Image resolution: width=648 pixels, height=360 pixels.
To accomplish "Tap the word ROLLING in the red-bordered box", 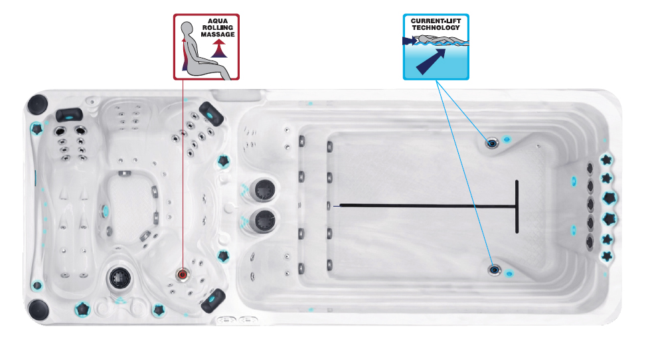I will (218, 28).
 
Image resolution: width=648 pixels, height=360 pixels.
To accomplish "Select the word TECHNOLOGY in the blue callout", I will (436, 28).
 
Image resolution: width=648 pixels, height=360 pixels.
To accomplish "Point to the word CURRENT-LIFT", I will (436, 21).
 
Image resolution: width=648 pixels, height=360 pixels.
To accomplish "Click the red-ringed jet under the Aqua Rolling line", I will (183, 274).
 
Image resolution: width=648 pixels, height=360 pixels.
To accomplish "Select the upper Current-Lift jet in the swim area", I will (492, 142).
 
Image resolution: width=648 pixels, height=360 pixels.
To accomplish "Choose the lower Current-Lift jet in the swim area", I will (495, 270).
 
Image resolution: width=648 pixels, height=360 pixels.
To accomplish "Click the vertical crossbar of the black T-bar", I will (517, 207).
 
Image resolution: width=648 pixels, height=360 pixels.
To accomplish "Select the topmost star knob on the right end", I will (606, 160).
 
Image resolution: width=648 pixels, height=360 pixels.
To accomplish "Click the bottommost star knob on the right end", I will (606, 256).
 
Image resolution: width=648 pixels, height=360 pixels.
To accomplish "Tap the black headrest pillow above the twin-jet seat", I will (69, 114).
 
